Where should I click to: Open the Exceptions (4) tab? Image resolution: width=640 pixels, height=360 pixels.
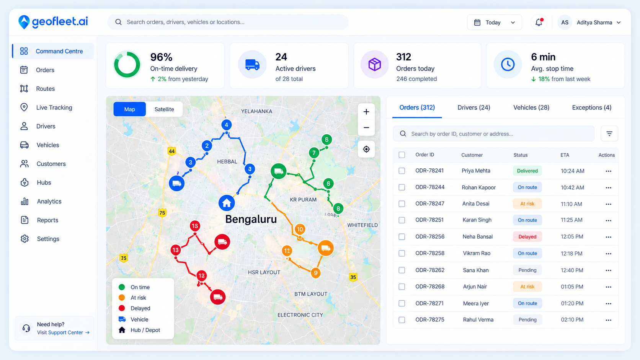(591, 108)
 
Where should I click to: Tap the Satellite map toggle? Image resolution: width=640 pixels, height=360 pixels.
(164, 109)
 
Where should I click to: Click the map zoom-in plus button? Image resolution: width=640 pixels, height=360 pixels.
(366, 112)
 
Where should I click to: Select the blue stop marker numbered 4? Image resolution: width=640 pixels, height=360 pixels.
(227, 125)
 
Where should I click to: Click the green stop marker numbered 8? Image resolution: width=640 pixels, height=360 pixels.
(338, 209)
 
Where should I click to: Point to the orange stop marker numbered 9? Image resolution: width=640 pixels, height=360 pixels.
(316, 273)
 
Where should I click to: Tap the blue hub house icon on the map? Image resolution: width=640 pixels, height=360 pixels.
(227, 203)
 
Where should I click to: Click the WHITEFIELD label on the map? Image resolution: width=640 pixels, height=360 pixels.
(362, 225)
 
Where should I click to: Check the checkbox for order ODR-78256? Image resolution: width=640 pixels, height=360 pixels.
(402, 237)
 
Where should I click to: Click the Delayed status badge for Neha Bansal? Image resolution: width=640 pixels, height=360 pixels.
(527, 237)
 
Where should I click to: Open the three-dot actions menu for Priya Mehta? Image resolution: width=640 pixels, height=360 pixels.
(608, 171)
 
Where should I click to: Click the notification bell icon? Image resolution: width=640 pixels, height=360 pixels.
(539, 22)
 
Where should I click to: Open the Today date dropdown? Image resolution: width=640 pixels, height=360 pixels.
(494, 22)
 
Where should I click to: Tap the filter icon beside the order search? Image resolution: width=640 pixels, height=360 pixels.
(609, 134)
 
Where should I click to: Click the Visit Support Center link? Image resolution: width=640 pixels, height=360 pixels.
(63, 332)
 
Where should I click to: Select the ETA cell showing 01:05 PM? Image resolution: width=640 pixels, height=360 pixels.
(572, 287)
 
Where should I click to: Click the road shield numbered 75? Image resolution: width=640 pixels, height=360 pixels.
(162, 213)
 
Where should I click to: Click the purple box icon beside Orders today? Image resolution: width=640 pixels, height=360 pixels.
(374, 65)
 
